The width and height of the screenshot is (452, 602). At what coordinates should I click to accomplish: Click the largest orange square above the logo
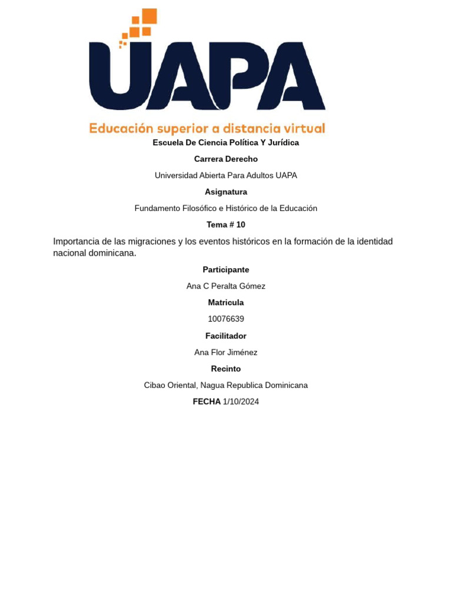coord(149,16)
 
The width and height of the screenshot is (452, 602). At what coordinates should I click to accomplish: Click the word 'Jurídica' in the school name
coord(284,143)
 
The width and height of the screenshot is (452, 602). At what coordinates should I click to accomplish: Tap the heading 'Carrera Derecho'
coord(226,159)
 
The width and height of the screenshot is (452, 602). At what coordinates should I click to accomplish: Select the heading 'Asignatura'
coord(226,192)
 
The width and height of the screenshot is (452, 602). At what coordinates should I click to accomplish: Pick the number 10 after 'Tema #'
coord(240,225)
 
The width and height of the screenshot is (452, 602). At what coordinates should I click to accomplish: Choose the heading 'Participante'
coord(226,270)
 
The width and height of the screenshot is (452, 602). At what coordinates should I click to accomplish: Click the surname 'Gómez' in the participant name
coord(253,286)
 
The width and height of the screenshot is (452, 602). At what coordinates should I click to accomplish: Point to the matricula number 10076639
coord(226,319)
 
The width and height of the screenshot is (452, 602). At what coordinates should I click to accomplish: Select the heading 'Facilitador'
coord(226,336)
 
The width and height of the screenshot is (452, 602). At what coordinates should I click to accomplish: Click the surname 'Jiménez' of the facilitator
coord(242,353)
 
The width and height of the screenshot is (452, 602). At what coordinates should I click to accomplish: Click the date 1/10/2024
coord(241,402)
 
